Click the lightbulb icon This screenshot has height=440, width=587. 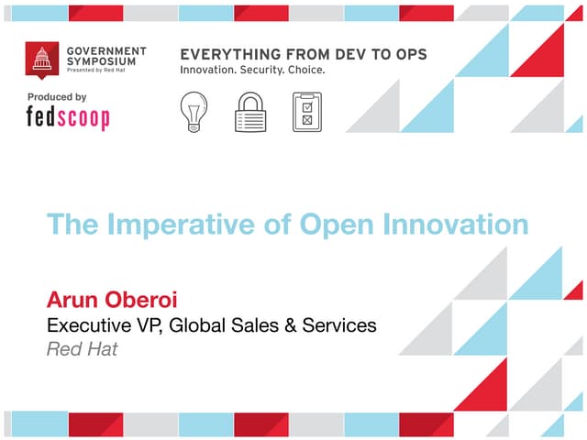[194, 111]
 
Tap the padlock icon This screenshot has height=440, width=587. [249, 112]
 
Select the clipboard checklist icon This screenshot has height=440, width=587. [307, 112]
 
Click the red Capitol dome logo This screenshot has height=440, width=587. [40, 60]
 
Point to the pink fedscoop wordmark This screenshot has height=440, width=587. [67, 118]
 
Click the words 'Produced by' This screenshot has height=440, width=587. [57, 97]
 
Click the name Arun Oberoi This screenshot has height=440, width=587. [109, 300]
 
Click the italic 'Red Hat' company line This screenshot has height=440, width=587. [82, 349]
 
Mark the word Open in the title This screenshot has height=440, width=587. [327, 225]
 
